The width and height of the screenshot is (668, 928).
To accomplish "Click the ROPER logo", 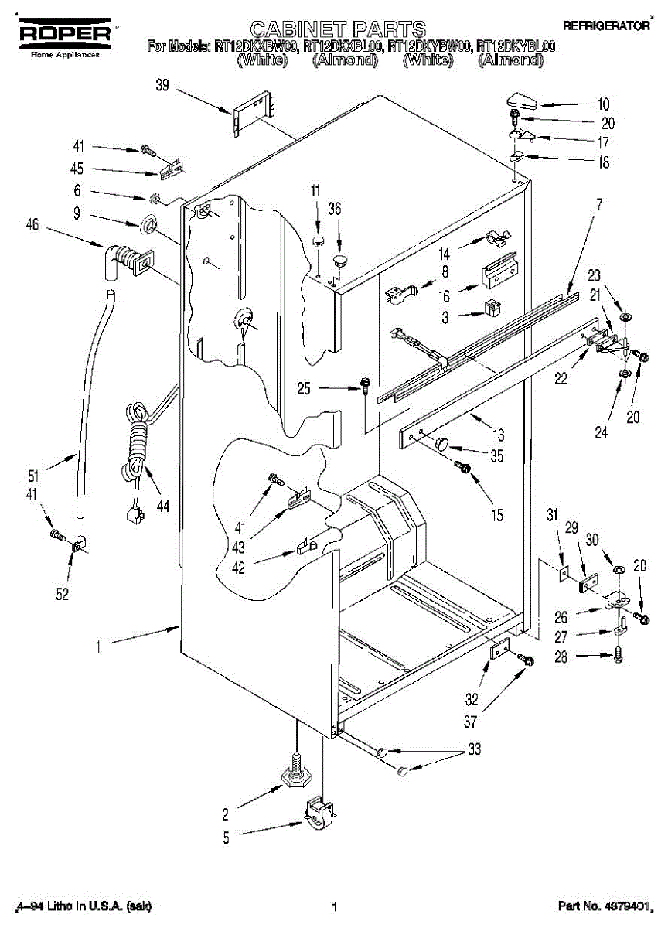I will click(64, 33).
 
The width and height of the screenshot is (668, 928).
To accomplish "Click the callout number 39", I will click(162, 86).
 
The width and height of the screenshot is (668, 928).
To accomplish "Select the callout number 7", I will click(598, 204).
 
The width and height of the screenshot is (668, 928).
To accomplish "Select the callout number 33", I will click(473, 749).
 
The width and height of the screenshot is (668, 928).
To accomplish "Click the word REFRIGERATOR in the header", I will click(606, 26).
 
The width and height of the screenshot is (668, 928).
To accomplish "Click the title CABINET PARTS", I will click(338, 29).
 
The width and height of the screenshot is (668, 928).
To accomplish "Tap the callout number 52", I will click(63, 594).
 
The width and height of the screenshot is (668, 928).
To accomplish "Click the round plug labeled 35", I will click(444, 442).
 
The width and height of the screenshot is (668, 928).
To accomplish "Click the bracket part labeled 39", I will click(253, 112).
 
